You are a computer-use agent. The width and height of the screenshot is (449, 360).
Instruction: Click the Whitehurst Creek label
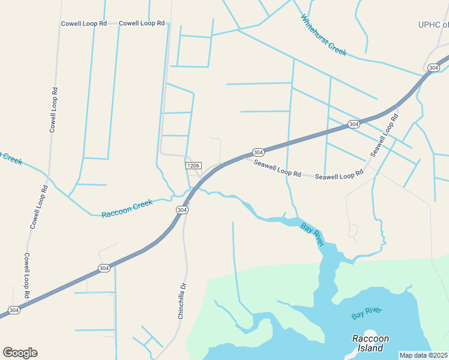(x=324, y=35)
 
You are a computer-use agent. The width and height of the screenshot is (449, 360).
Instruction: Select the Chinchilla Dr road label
(x=182, y=299)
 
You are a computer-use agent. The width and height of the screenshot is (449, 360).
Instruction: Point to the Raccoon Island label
(x=370, y=343)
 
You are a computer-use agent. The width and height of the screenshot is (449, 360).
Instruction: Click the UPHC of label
(x=433, y=25)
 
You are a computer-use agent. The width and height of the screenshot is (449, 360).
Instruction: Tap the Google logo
(x=20, y=352)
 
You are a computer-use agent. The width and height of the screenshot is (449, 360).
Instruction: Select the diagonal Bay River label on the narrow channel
(x=312, y=235)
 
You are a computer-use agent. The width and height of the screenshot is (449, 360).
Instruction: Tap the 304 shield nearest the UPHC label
(x=434, y=68)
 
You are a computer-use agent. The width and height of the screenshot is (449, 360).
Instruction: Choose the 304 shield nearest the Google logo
(x=14, y=310)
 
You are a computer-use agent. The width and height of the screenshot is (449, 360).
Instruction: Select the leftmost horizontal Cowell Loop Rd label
(x=83, y=23)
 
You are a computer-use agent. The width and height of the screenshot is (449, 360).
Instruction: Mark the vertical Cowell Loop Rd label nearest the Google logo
(x=27, y=275)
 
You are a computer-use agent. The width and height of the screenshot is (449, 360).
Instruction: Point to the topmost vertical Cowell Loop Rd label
(x=53, y=110)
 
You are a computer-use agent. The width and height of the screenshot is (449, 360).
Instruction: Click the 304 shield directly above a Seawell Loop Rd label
(x=258, y=152)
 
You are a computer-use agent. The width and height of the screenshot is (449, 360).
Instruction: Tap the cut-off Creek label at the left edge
(x=11, y=158)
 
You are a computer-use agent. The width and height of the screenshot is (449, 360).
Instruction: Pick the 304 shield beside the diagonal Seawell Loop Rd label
(x=354, y=124)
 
